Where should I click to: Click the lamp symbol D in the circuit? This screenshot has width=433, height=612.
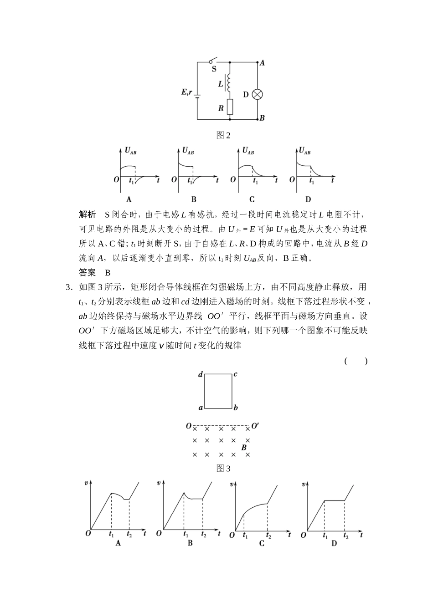coord(258,94)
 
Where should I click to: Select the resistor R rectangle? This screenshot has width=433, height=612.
coord(229,107)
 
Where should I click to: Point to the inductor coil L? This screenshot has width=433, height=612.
coord(229,83)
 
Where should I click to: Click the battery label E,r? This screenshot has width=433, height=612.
coord(186,93)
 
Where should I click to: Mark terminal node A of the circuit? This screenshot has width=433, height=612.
coord(262,63)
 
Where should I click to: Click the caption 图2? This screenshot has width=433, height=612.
coord(223,135)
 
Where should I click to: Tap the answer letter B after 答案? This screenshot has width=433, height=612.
coord(108,273)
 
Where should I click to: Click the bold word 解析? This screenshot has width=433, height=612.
coord(88,215)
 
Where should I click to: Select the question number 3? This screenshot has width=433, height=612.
coord(68,287)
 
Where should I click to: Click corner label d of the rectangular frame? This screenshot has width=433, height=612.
coord(200,375)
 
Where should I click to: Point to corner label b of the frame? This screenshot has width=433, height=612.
coord(236,408)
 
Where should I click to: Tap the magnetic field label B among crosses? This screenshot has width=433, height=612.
coord(244,448)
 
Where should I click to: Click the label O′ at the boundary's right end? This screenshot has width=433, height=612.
coord(255,426)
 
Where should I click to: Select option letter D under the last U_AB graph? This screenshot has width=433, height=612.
coord(308,199)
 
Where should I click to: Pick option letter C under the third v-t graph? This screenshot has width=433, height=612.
coord(262,543)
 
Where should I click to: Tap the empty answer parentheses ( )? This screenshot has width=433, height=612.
coord(356,361)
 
